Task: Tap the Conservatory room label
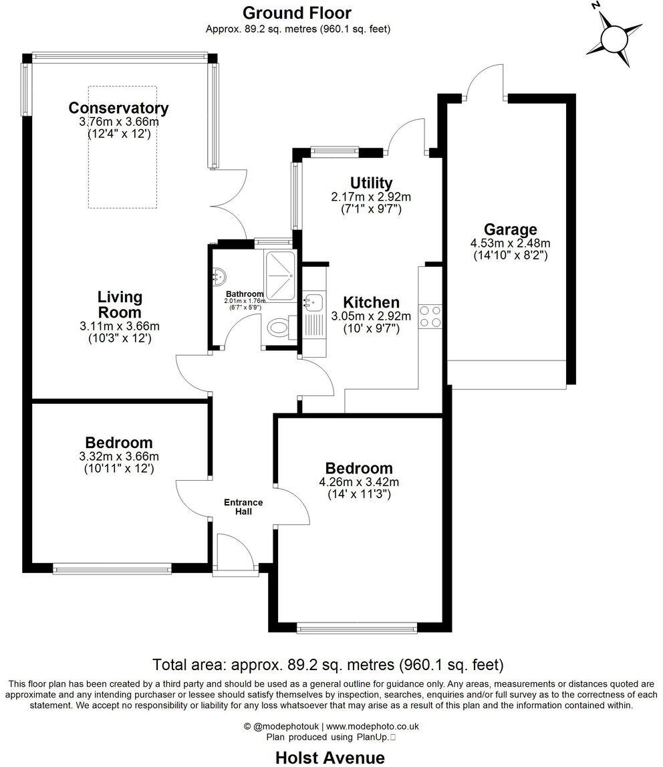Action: pos(118,108)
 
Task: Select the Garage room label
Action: pos(511,230)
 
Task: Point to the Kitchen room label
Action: pos(371,302)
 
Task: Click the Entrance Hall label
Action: pos(243,507)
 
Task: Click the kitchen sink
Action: pos(313,303)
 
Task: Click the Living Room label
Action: pos(120,304)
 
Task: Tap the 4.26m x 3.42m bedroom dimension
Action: pos(359,481)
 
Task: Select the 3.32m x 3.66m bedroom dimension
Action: pos(118,456)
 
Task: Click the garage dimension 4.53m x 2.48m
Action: pos(511,243)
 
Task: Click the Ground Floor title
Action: pos(297,13)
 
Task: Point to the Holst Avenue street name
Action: pos(330,757)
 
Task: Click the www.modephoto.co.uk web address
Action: pos(372,726)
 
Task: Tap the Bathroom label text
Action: pos(244,294)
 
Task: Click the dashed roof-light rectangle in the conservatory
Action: pos(122,146)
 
